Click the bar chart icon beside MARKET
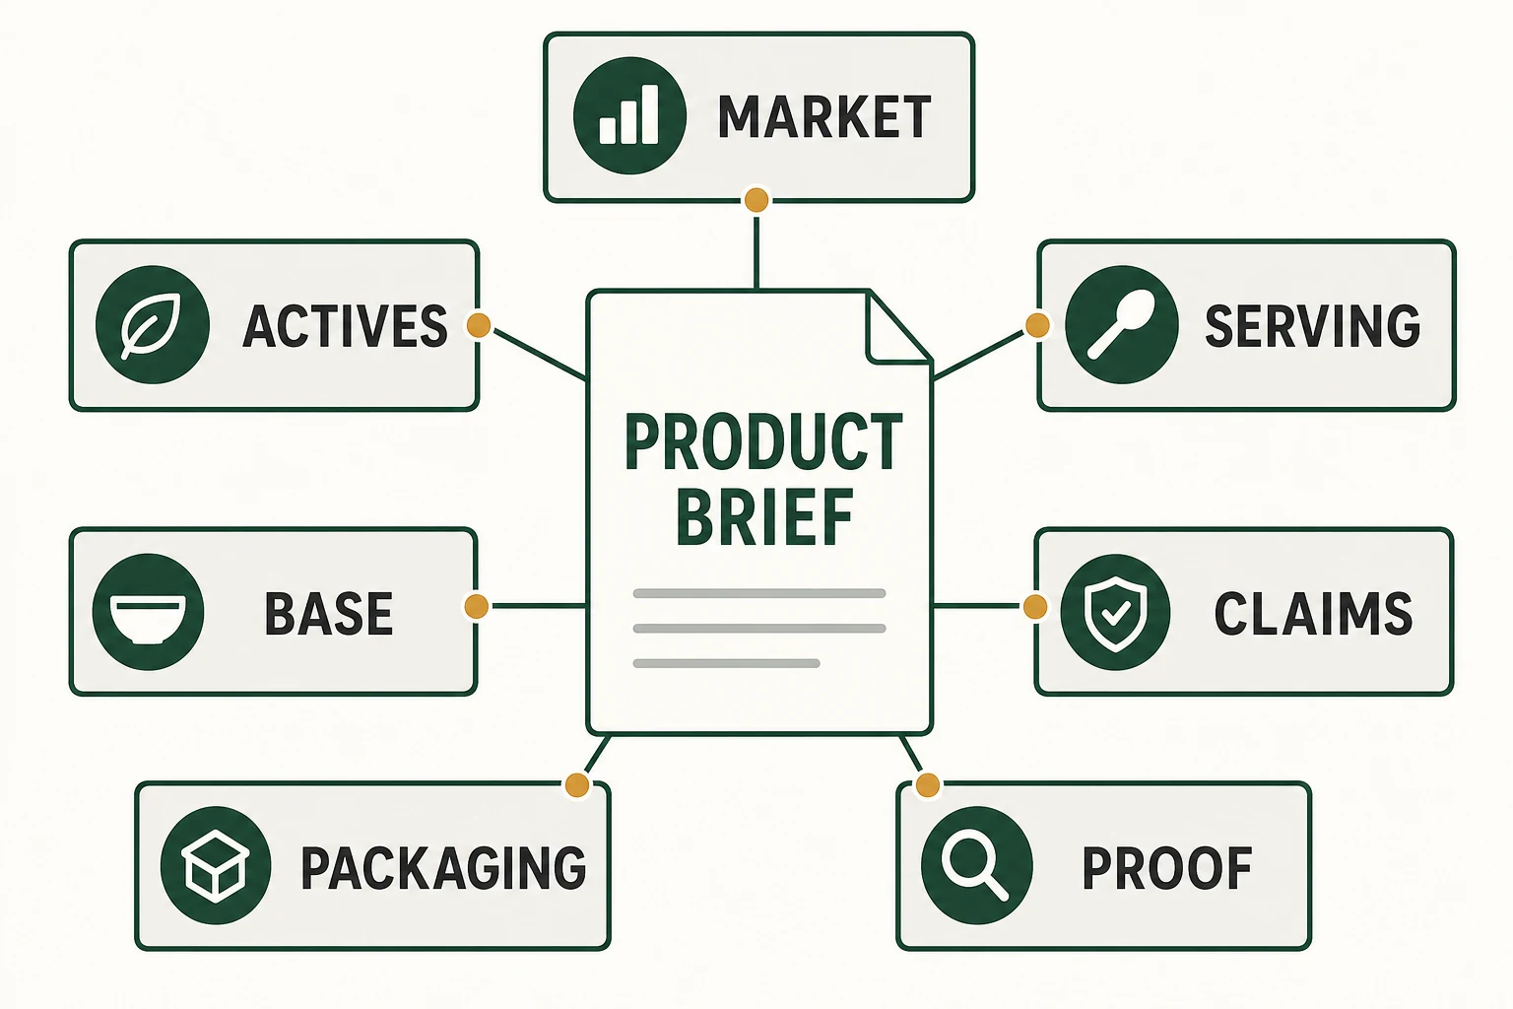pos(629,115)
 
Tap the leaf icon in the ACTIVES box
pos(153,324)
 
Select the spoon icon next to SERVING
pos(1122,324)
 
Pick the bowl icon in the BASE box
pos(148,612)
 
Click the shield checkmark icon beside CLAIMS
pos(1115,612)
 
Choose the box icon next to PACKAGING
pos(216,865)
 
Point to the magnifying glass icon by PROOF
pos(977,865)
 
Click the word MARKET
pos(824,117)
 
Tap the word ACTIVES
pos(345,326)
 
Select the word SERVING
pos(1312,326)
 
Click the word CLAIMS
pos(1313,614)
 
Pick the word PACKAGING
pos(444,868)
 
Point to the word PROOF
pos(1167,868)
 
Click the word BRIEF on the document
pos(764,518)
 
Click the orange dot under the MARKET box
pos(756,200)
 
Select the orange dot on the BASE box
pos(477,606)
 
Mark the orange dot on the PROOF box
pos(927,785)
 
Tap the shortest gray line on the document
pos(726,664)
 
